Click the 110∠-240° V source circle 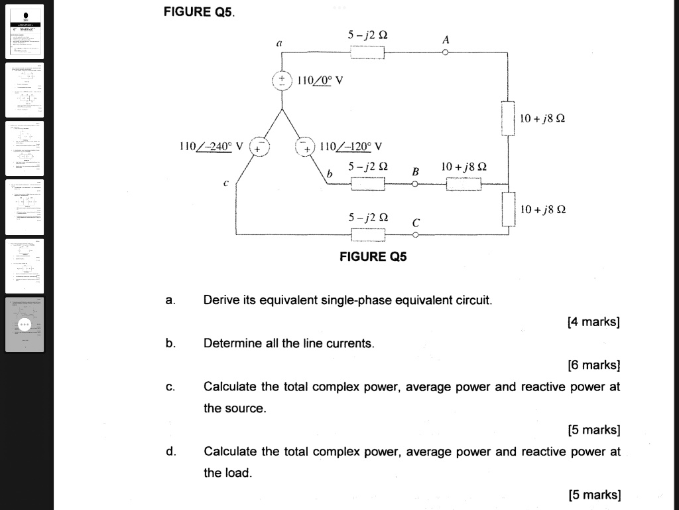[259, 147]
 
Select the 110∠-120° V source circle [305, 147]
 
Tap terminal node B [415, 185]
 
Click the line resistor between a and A [367, 53]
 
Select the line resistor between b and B [367, 185]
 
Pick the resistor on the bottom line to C [367, 234]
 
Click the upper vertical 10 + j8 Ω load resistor [508, 118]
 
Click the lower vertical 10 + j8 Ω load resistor [508, 209]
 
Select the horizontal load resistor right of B [463, 185]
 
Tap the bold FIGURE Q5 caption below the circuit [373, 256]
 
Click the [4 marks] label [593, 322]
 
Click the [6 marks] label [593, 365]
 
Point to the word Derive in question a [221, 300]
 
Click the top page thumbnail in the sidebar [25, 31]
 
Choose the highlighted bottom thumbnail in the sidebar [25, 325]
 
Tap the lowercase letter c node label [226, 182]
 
